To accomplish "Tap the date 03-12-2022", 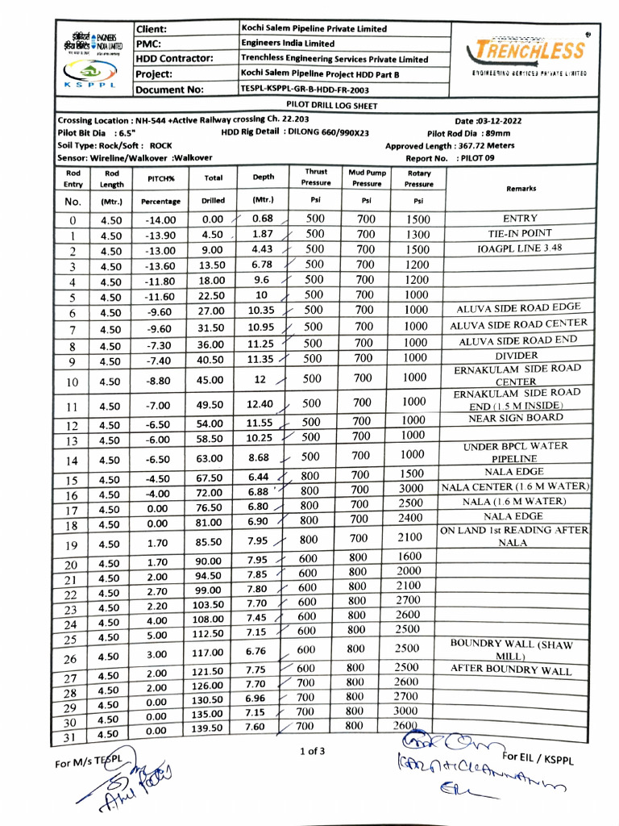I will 488,120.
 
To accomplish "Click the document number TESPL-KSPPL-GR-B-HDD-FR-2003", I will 305,90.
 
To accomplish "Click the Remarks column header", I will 521,189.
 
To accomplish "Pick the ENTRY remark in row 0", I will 520,219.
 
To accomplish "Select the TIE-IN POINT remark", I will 520,233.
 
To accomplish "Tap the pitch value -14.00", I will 160,219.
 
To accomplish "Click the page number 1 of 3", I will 312,752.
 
